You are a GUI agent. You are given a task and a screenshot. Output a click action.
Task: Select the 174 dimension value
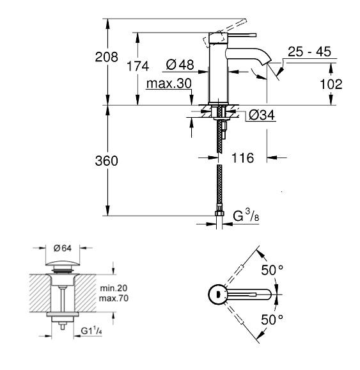(137, 66)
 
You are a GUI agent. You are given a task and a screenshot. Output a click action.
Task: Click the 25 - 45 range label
(309, 52)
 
